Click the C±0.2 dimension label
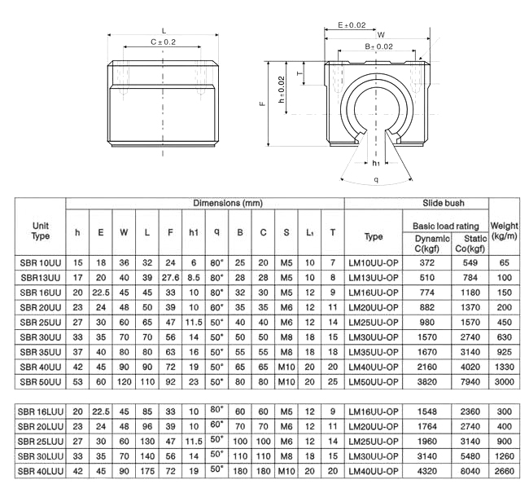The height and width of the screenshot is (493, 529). [x=163, y=42]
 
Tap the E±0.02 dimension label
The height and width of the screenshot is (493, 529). [x=352, y=24]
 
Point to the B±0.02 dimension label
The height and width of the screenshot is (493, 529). [x=379, y=46]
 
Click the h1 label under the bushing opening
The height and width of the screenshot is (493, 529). [x=376, y=163]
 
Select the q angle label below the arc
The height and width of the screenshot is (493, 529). [x=376, y=179]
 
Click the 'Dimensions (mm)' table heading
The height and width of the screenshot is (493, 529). [x=228, y=203]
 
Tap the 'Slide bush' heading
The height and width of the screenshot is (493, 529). [x=444, y=203]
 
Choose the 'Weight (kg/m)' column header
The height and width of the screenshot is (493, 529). [x=504, y=231]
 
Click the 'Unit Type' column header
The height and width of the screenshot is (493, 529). [x=41, y=231]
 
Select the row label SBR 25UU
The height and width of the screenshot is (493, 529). [x=41, y=323]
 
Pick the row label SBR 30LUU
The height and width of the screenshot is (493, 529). [x=41, y=456]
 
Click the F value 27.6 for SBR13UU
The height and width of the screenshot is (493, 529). [x=170, y=278]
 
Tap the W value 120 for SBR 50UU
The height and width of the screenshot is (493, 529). [x=125, y=382]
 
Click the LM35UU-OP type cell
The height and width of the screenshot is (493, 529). [x=374, y=352]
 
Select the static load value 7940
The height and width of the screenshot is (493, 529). [x=470, y=382]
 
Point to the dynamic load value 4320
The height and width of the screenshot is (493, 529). [x=427, y=471]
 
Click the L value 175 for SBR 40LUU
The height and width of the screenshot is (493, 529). [x=147, y=471]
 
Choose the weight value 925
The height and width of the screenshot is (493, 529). [x=504, y=352]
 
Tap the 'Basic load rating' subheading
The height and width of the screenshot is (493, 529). [x=446, y=226]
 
